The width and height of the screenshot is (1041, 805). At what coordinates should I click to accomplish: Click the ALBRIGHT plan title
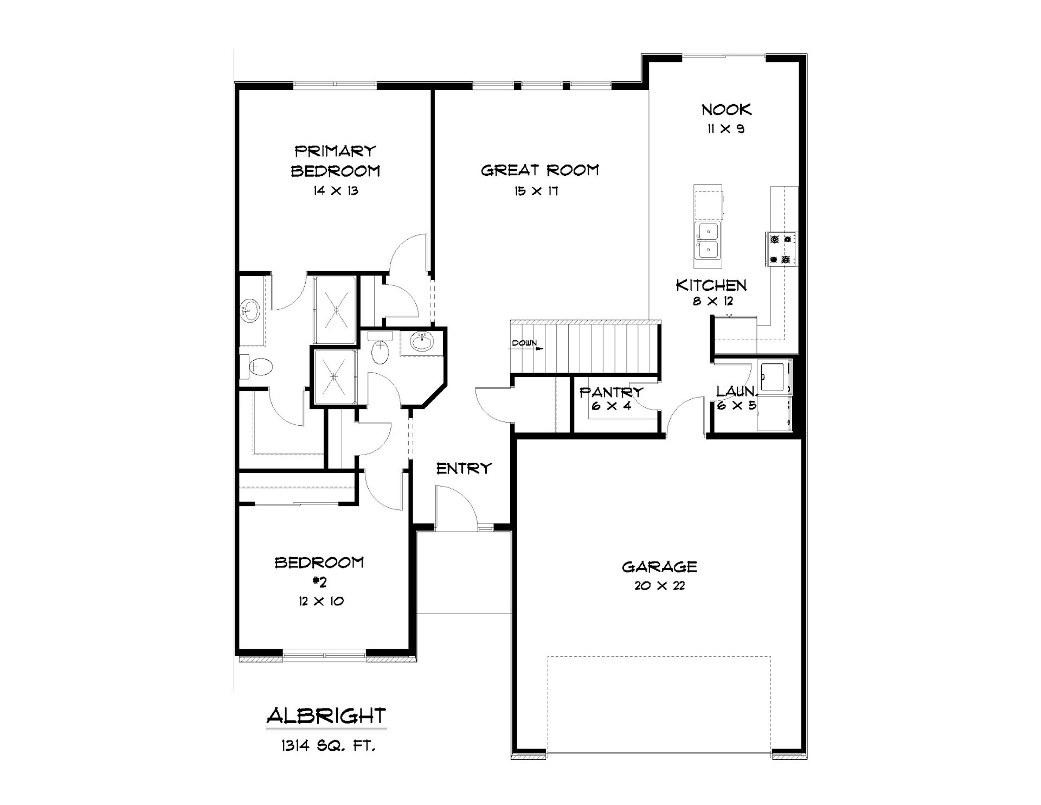(326, 716)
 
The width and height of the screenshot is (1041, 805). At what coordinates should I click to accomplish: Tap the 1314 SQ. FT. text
(328, 746)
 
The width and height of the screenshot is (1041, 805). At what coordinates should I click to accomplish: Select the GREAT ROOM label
(540, 170)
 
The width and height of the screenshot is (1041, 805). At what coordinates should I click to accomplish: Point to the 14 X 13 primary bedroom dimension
(335, 191)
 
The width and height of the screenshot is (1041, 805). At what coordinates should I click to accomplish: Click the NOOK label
(727, 110)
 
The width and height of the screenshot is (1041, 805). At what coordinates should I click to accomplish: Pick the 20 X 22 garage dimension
(659, 586)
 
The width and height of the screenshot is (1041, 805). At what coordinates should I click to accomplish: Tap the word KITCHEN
(711, 285)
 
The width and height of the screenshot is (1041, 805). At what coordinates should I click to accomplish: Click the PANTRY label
(612, 392)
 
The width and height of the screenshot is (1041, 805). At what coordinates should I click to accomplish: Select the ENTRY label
(464, 468)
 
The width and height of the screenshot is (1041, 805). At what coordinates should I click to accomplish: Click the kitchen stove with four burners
(781, 249)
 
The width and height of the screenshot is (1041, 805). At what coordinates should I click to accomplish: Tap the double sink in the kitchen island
(708, 242)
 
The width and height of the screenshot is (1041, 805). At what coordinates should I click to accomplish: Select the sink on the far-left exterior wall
(250, 311)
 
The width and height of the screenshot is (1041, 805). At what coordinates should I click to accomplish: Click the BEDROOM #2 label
(319, 572)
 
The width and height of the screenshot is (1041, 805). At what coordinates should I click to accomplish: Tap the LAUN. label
(736, 392)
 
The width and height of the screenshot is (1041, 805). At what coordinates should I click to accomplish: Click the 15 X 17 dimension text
(537, 191)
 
